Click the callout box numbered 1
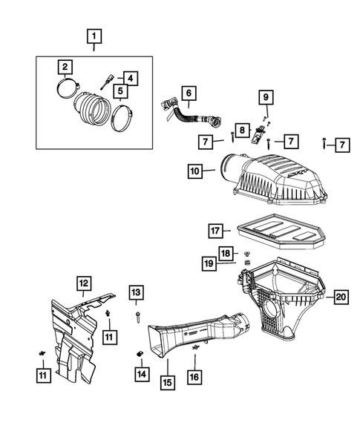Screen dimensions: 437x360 [x=94, y=34]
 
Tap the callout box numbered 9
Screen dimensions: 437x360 [x=266, y=96]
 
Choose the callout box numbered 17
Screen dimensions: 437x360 [x=214, y=231]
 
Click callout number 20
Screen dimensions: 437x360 [x=340, y=297]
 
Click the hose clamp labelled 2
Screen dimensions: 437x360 [x=68, y=93]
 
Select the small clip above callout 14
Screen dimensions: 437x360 [x=140, y=352]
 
